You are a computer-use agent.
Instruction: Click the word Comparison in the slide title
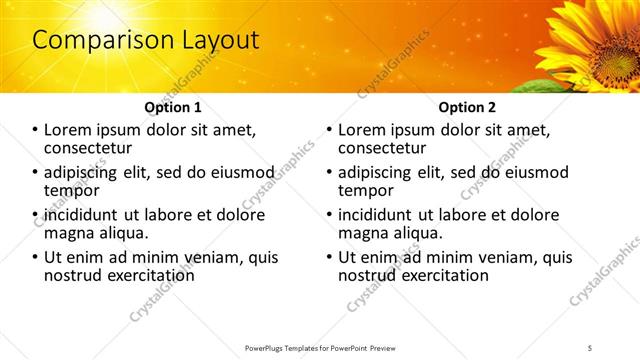pos(94,41)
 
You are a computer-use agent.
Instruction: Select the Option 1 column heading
pos(172,107)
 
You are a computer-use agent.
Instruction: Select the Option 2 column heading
pos(467,107)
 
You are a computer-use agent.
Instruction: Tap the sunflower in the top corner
pos(596,40)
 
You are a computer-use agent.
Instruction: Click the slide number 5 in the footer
pos(590,348)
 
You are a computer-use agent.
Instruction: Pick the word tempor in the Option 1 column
pos(71,190)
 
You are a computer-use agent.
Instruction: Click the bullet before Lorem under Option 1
pos(35,130)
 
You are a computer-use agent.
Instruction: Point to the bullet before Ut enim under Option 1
pos(35,257)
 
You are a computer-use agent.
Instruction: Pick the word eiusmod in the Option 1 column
pos(239,172)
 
